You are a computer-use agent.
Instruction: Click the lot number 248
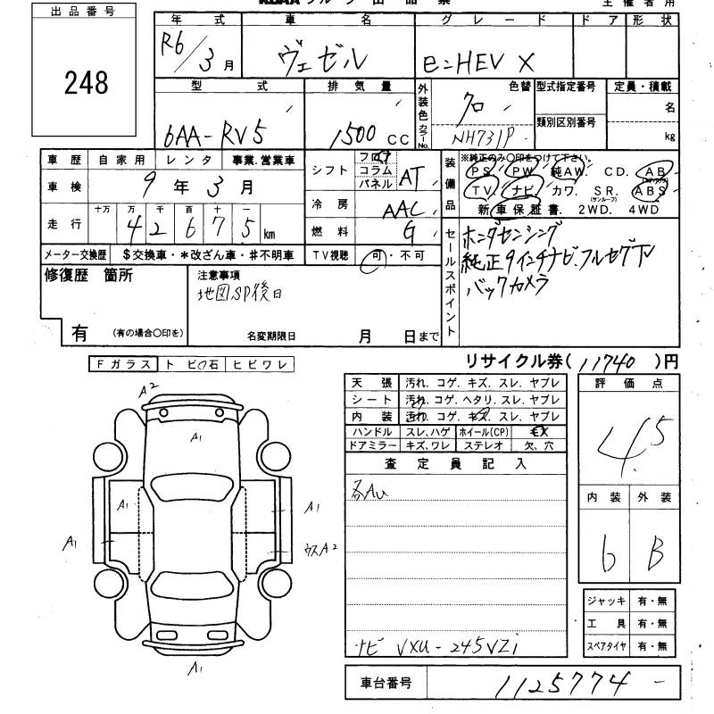point(87,83)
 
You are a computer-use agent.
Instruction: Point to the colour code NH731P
point(486,139)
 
